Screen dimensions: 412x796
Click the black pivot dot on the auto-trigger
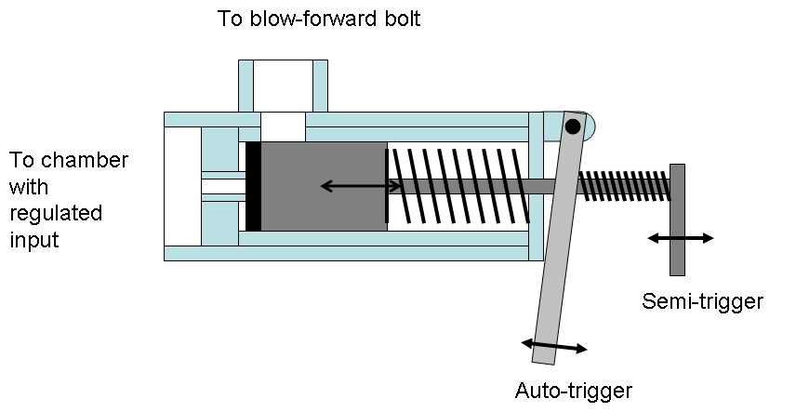(573, 126)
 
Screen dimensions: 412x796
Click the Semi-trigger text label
(702, 301)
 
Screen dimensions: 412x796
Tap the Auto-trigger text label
(574, 389)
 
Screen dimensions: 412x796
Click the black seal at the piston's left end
(253, 186)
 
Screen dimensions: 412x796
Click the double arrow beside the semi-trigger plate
(680, 238)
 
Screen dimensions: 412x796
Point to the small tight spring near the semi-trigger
(623, 185)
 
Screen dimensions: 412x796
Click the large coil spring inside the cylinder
(460, 185)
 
